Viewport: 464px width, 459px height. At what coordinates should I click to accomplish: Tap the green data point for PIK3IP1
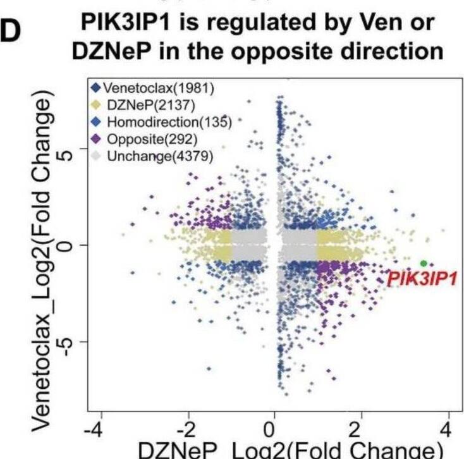tap(423, 263)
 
